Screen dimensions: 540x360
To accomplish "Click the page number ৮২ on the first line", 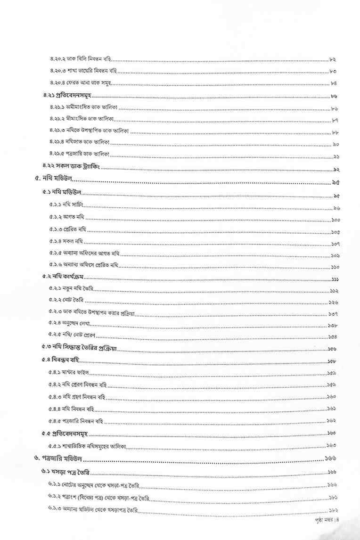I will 332,59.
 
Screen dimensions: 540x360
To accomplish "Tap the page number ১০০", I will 335,220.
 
